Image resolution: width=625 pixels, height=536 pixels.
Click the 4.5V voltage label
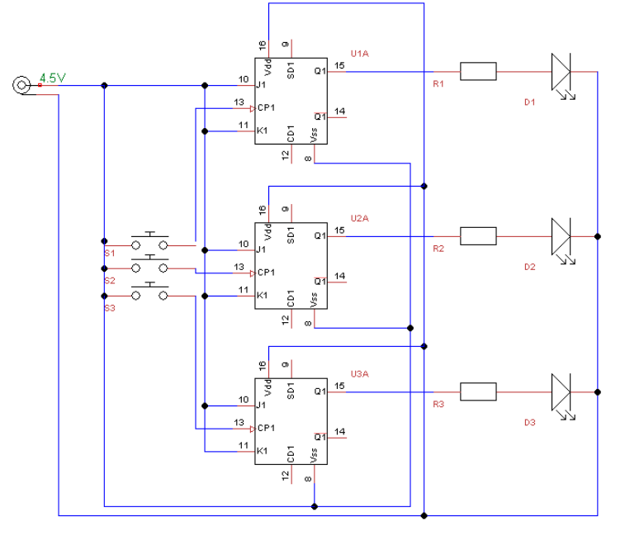pyautogui.click(x=52, y=78)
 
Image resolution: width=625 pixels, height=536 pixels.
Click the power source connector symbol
pyautogui.click(x=21, y=85)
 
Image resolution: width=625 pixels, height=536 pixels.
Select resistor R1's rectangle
pyautogui.click(x=478, y=71)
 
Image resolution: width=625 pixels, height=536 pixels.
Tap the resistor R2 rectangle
pyautogui.click(x=478, y=236)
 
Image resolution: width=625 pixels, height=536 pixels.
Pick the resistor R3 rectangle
pyautogui.click(x=478, y=391)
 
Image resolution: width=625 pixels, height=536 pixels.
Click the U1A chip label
pyautogui.click(x=359, y=54)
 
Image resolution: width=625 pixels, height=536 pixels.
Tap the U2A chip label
pyautogui.click(x=359, y=218)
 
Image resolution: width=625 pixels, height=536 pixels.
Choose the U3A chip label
pyautogui.click(x=359, y=373)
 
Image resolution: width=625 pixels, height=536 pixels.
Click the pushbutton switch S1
pyautogui.click(x=149, y=240)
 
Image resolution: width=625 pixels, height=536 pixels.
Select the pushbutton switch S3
pyautogui.click(x=149, y=291)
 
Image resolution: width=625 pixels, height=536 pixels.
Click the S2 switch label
pyautogui.click(x=110, y=280)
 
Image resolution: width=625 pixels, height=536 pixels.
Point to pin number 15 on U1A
pyautogui.click(x=339, y=65)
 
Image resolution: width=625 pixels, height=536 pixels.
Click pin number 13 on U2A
pyautogui.click(x=239, y=267)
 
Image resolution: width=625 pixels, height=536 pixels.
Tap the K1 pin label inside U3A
pyautogui.click(x=263, y=451)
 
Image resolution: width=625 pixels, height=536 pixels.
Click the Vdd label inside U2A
pyautogui.click(x=268, y=232)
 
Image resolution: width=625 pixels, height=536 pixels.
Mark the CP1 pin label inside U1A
pyautogui.click(x=266, y=107)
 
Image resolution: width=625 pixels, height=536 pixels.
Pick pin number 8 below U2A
pyautogui.click(x=308, y=323)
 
